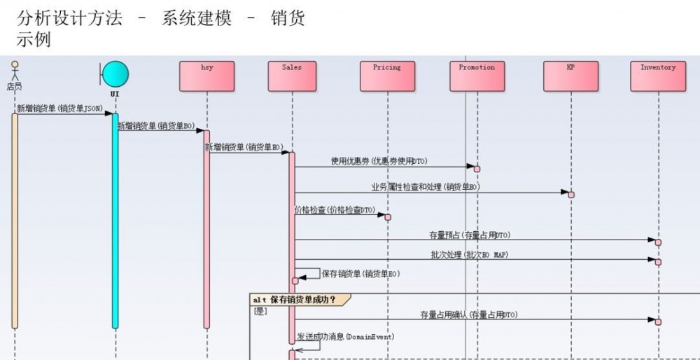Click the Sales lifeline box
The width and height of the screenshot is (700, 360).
click(x=293, y=76)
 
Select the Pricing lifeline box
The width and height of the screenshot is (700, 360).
click(x=387, y=76)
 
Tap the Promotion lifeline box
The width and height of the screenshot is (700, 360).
click(x=477, y=76)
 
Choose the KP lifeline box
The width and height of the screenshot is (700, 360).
click(x=570, y=76)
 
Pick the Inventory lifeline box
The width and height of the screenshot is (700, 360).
click(x=658, y=76)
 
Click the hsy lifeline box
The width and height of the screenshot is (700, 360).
click(x=206, y=76)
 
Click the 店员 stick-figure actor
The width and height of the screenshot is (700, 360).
click(x=14, y=74)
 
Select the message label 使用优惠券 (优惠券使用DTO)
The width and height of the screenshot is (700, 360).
click(x=379, y=161)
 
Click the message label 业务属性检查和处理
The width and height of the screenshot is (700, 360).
click(x=426, y=187)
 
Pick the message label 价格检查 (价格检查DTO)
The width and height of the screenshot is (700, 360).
click(x=335, y=210)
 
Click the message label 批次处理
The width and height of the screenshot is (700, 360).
click(x=469, y=255)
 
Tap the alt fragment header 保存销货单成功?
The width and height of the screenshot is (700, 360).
click(x=300, y=300)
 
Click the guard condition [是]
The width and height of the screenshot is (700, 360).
click(x=260, y=311)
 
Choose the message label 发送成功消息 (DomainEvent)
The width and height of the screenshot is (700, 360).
click(x=345, y=337)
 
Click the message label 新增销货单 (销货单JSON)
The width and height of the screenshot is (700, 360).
click(x=59, y=109)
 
